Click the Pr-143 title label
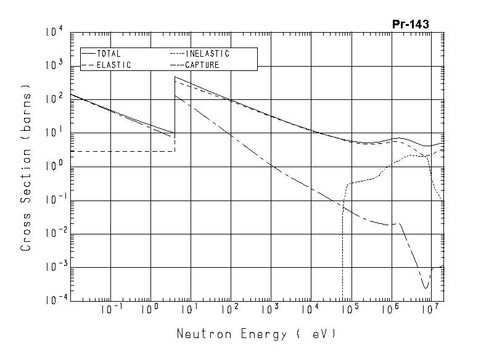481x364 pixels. pos(410,25)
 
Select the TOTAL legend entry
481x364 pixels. pos(109,54)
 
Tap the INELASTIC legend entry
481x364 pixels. pos(207,54)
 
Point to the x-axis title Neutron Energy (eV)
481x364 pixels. pos(257,334)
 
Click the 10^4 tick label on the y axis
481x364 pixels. pos(54,33)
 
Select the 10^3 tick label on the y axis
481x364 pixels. pos(54,66)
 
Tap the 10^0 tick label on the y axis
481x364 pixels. pos(54,167)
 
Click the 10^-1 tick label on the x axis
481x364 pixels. pos(109,310)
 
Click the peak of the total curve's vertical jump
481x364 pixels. pos(175,77)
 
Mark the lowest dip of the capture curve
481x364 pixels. pos(425,287)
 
